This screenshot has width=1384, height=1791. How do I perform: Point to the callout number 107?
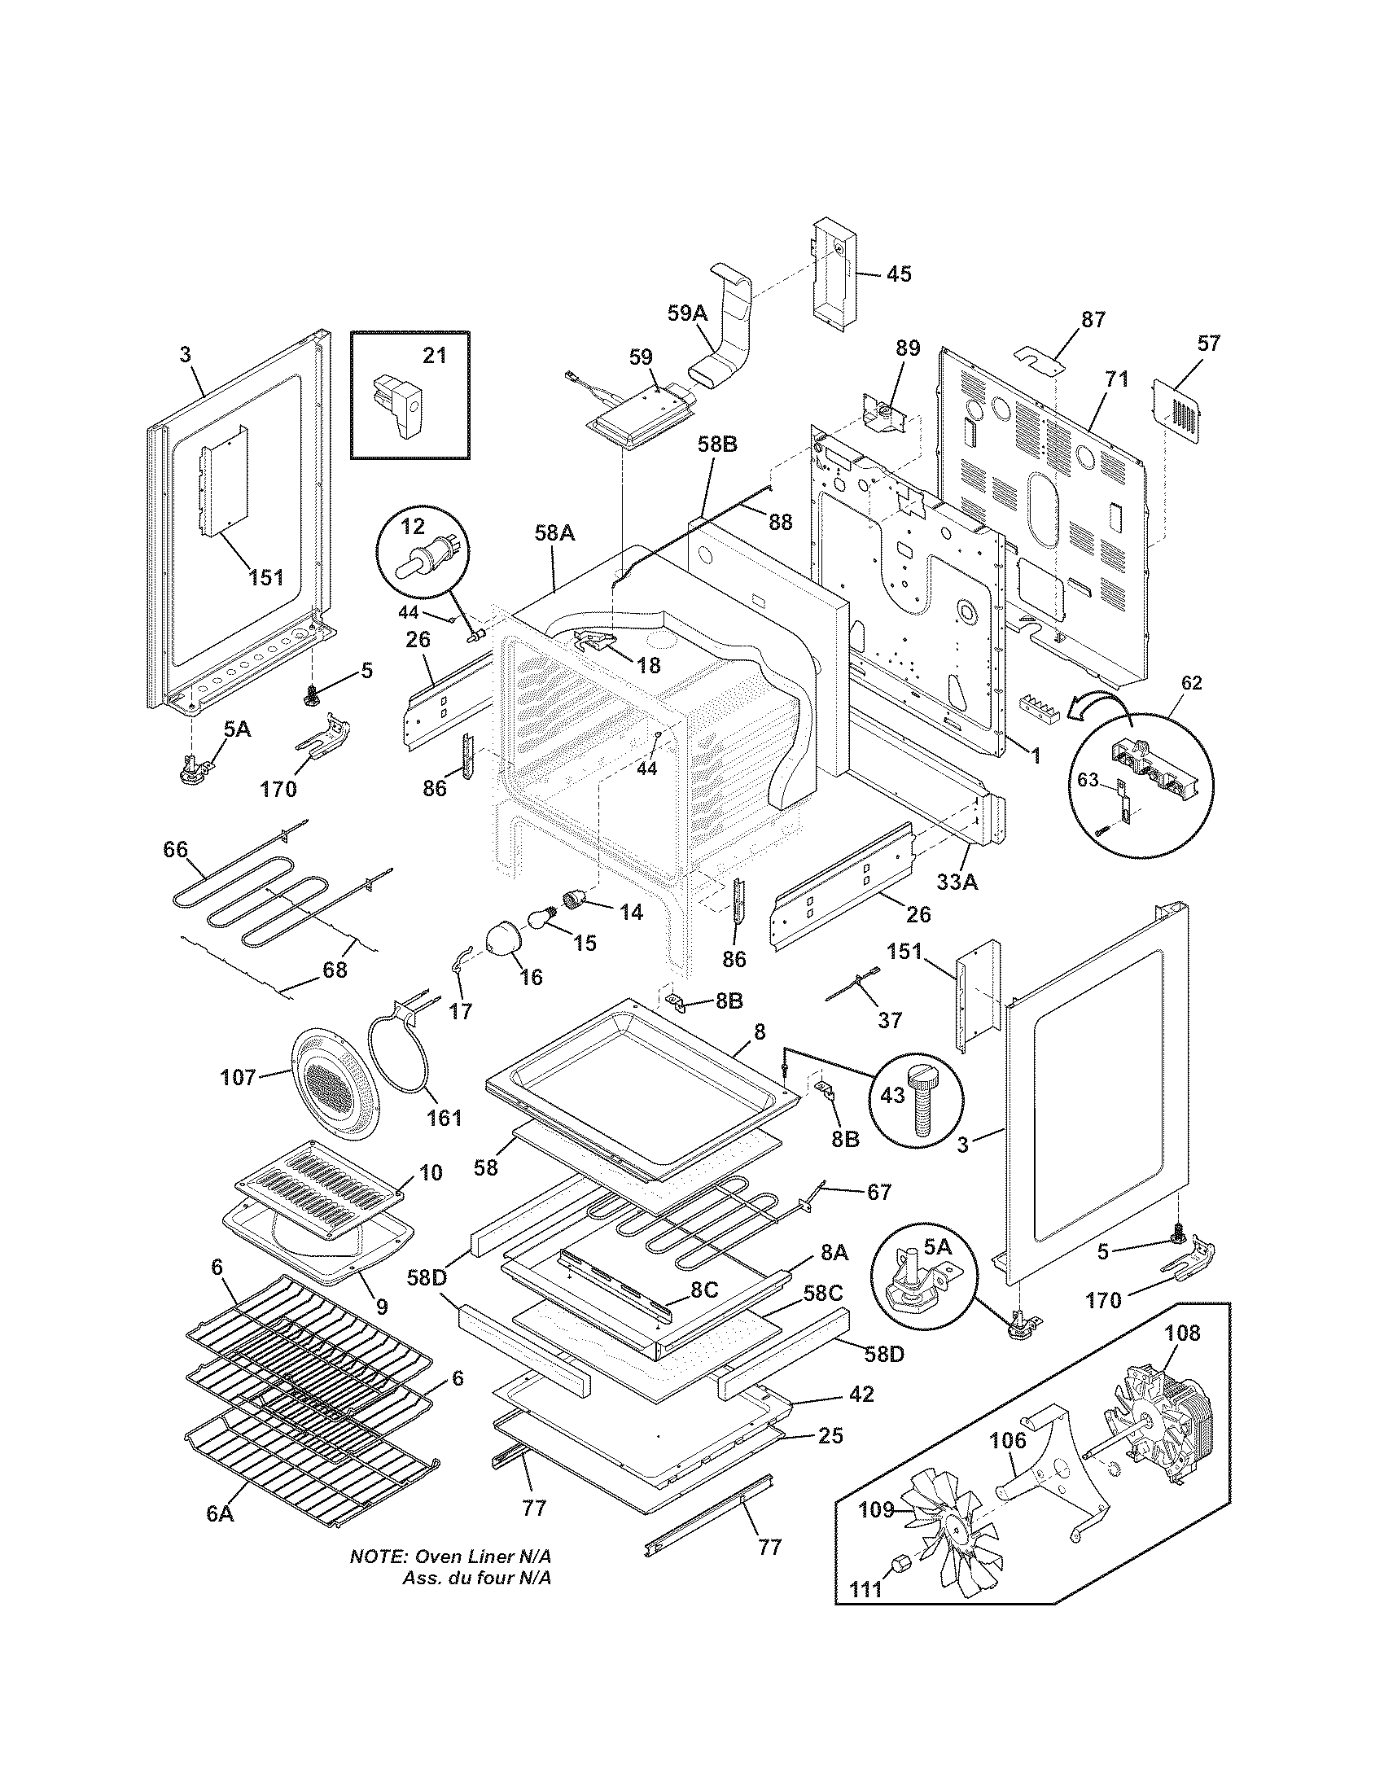[x=238, y=1077]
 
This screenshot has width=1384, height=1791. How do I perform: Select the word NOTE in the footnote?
[x=378, y=1579]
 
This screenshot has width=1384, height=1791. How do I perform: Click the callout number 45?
[x=899, y=274]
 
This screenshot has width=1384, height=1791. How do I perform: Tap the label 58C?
[x=823, y=1294]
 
